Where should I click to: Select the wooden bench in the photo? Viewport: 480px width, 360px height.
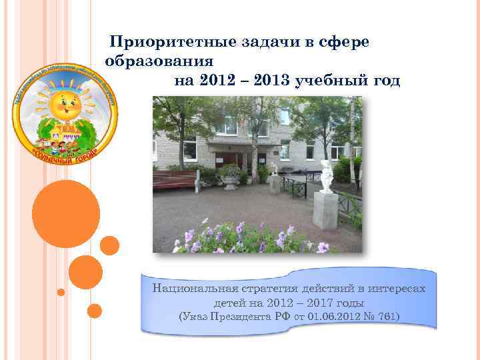click(x=175, y=179)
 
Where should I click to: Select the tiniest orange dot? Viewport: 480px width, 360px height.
click(x=61, y=292)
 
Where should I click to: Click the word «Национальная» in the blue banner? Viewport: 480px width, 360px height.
click(x=190, y=289)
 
